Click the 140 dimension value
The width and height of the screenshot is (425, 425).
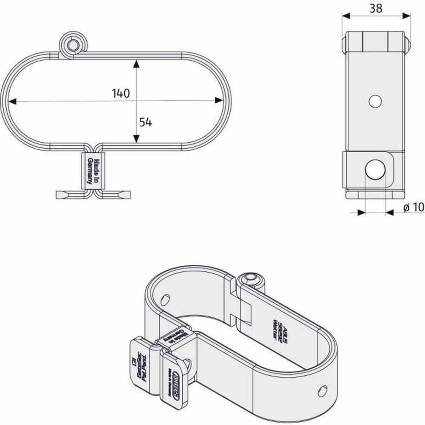[x=121, y=93]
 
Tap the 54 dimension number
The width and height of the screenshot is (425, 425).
[x=145, y=122]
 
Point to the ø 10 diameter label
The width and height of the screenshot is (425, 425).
[x=413, y=208]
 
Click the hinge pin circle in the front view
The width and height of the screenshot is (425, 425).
[x=73, y=45]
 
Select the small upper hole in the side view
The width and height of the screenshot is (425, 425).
[x=375, y=101]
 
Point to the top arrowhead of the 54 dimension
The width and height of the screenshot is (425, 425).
[x=136, y=64]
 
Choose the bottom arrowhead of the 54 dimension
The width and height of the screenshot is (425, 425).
[x=136, y=139]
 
